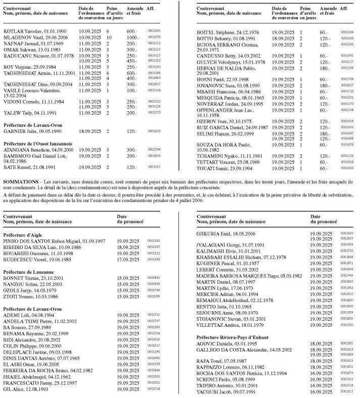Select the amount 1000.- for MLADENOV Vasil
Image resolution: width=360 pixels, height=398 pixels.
tap(133, 37)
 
